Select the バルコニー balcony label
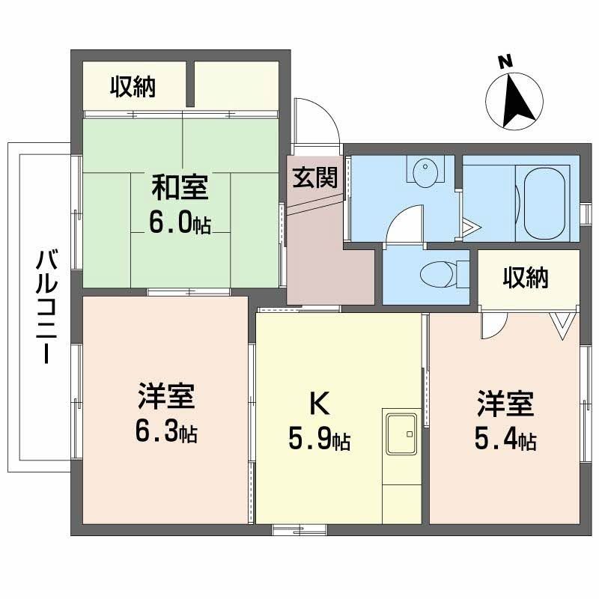(46, 308)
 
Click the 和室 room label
(180, 186)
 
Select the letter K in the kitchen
(318, 404)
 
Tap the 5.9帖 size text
(319, 440)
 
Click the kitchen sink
(403, 433)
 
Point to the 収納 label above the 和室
(133, 88)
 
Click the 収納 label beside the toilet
(525, 278)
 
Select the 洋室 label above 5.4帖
(505, 404)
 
